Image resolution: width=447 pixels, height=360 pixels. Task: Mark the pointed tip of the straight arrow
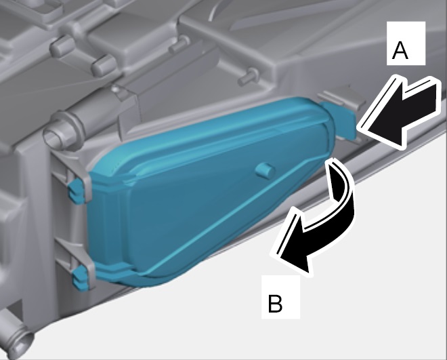[x=360, y=129]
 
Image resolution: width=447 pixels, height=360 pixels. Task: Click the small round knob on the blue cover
[x=265, y=171]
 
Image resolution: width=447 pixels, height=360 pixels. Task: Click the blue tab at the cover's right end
[x=340, y=119]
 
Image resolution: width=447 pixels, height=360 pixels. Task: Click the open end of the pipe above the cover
[x=55, y=136]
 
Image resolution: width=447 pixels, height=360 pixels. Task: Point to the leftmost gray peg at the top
[x=62, y=46]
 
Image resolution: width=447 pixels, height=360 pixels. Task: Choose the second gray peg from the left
[x=103, y=65]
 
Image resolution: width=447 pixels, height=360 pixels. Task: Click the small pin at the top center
[x=179, y=45]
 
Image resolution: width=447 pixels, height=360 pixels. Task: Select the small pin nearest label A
[x=249, y=77]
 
